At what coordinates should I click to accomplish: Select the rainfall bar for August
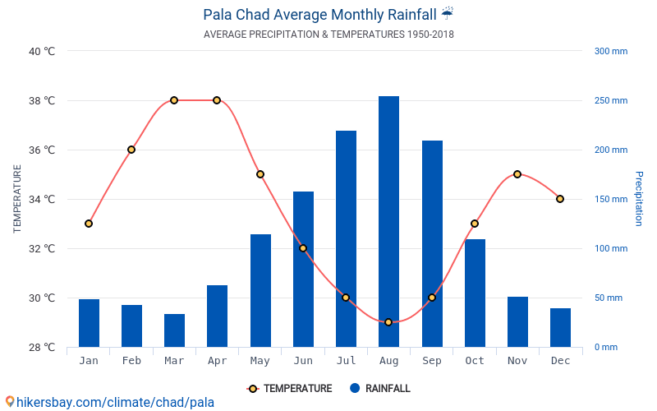pyautogui.click(x=388, y=222)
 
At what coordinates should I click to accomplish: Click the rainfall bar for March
pyautogui.click(x=174, y=330)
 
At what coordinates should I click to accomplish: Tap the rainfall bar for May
pyautogui.click(x=260, y=290)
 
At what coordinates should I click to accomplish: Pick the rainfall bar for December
pyautogui.click(x=560, y=327)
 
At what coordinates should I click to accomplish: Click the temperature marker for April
pyautogui.click(x=217, y=100)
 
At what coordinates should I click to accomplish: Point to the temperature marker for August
pyautogui.click(x=388, y=322)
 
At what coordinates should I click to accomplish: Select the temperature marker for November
pyautogui.click(x=517, y=174)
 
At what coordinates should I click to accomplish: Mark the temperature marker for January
pyautogui.click(x=89, y=224)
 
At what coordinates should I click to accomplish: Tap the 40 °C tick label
pyautogui.click(x=41, y=51)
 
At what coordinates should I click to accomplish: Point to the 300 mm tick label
pyautogui.click(x=610, y=51)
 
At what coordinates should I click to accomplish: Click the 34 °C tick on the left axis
pyautogui.click(x=41, y=199)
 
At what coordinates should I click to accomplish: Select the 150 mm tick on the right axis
pyautogui.click(x=610, y=199)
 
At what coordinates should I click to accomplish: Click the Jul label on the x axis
pyautogui.click(x=346, y=361)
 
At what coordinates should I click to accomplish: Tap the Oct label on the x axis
pyautogui.click(x=475, y=361)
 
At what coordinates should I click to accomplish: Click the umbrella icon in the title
pyautogui.click(x=447, y=14)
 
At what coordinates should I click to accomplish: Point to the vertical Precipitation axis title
pyautogui.click(x=638, y=199)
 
